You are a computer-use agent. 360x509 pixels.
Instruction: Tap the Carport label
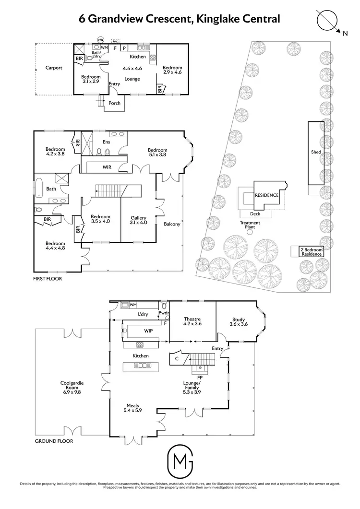[x=54, y=68]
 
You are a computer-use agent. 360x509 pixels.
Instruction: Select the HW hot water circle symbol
[x=101, y=39]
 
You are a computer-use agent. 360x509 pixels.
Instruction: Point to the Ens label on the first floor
[x=107, y=142]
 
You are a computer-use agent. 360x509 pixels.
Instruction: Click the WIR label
[x=107, y=167]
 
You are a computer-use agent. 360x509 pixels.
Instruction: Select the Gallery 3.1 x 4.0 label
[x=138, y=220]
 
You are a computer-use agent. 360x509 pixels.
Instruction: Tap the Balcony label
[x=172, y=224]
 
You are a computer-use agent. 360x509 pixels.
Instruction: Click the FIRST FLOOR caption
[x=47, y=278]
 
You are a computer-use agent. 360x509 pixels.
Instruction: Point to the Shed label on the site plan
[x=315, y=153]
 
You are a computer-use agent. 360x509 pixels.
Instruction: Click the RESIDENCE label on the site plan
[x=266, y=196]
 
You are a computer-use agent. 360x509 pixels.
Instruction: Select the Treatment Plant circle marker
[x=250, y=232]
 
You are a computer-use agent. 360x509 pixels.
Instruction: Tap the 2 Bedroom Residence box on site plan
[x=311, y=252]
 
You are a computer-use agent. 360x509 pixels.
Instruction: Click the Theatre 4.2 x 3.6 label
[x=192, y=322]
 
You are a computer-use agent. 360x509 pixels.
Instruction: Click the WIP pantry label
[x=148, y=331]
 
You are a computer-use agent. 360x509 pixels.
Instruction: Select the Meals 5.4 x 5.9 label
[x=133, y=408]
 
